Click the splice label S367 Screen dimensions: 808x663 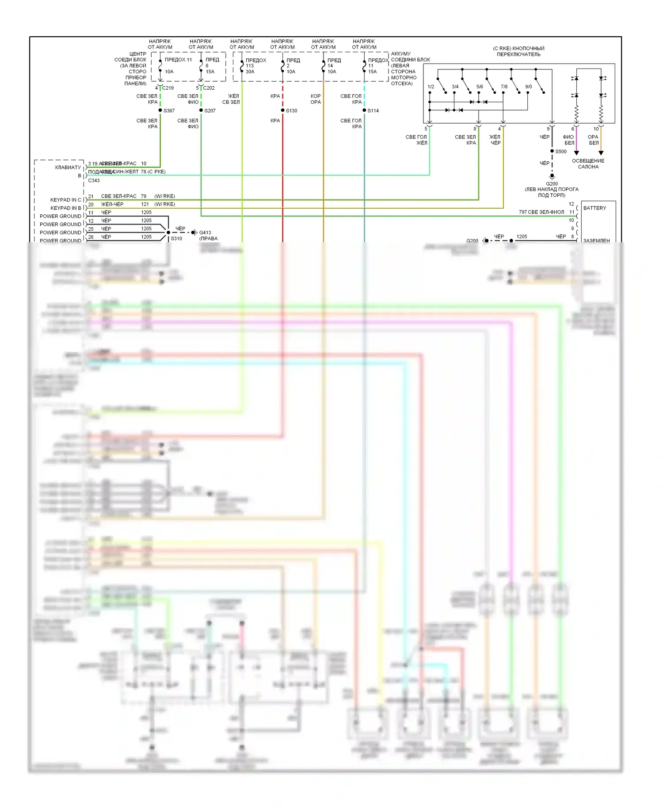click(x=169, y=111)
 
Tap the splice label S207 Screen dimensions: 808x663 click(x=210, y=111)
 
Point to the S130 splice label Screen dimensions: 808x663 click(x=292, y=111)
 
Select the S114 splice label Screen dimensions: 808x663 click(x=373, y=111)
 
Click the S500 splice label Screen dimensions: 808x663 click(x=561, y=152)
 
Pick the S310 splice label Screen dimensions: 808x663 click(x=176, y=239)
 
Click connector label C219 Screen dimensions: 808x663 click(x=168, y=88)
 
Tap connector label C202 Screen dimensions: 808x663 click(x=209, y=88)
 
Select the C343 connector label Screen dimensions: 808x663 click(x=94, y=180)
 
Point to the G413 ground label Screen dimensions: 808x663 click(x=205, y=232)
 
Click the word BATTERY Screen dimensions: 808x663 click(x=594, y=208)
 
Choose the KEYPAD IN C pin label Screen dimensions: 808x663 click(x=66, y=200)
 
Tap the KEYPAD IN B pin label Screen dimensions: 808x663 click(x=66, y=208)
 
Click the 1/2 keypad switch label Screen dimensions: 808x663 click(x=431, y=87)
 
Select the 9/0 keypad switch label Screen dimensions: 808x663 click(x=529, y=87)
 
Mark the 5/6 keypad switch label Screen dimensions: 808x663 click(x=480, y=87)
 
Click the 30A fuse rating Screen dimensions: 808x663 click(x=250, y=72)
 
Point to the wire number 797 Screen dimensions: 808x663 click(x=523, y=212)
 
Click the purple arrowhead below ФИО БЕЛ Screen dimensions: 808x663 click(x=576, y=153)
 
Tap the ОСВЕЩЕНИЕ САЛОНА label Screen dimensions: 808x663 click(x=588, y=164)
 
